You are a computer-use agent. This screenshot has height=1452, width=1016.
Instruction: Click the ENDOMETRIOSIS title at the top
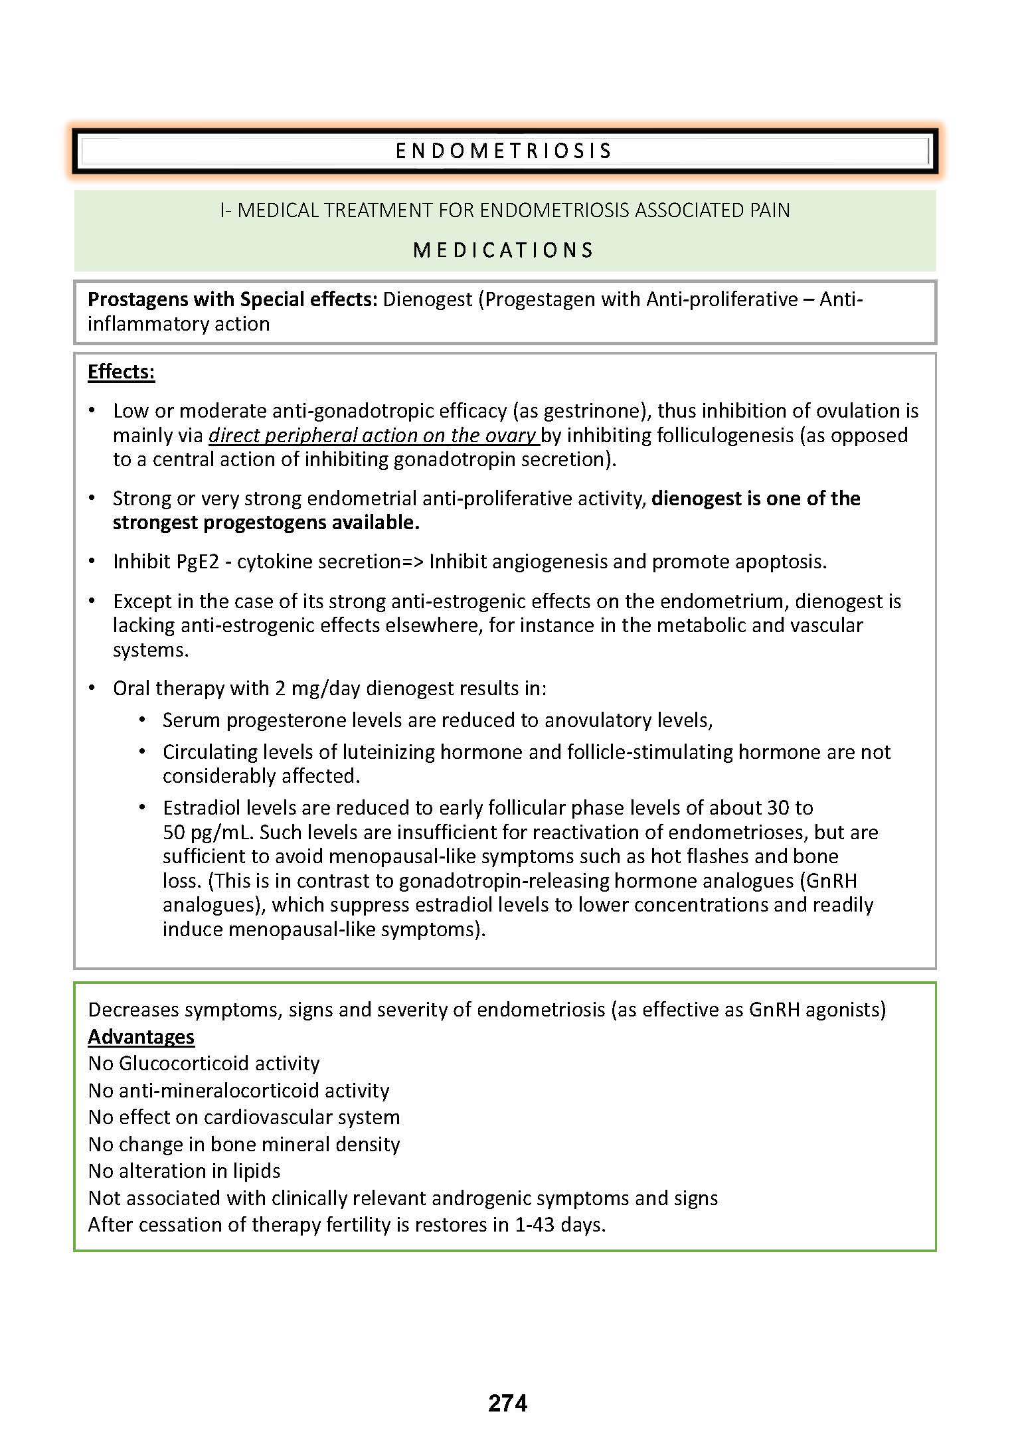pyautogui.click(x=503, y=151)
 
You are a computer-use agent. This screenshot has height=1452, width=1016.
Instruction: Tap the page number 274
pyautogui.click(x=507, y=1402)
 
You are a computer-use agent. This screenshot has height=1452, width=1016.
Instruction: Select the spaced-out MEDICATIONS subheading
pyautogui.click(x=503, y=250)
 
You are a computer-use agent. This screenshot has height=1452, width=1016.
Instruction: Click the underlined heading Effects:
pyautogui.click(x=121, y=372)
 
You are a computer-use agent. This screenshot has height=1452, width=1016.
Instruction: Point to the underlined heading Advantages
pyautogui.click(x=141, y=1036)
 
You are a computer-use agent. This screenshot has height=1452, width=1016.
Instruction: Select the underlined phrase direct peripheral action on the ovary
pyautogui.click(x=373, y=436)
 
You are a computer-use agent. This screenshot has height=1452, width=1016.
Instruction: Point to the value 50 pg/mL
pyautogui.click(x=210, y=833)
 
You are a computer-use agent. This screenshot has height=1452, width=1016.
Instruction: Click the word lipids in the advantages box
pyautogui.click(x=256, y=1170)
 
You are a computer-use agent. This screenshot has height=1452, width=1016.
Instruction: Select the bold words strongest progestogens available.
pyautogui.click(x=266, y=523)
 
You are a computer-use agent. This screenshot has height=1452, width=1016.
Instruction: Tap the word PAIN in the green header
pyautogui.click(x=770, y=210)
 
